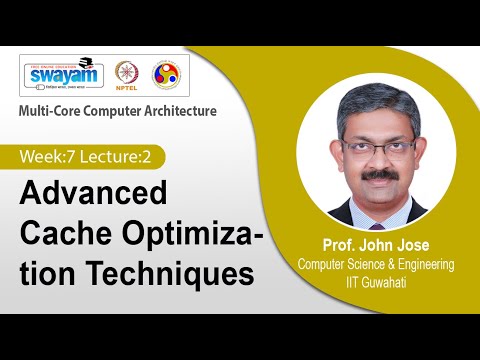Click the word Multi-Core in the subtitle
(51, 111)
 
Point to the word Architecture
(179, 111)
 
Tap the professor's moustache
(378, 173)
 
